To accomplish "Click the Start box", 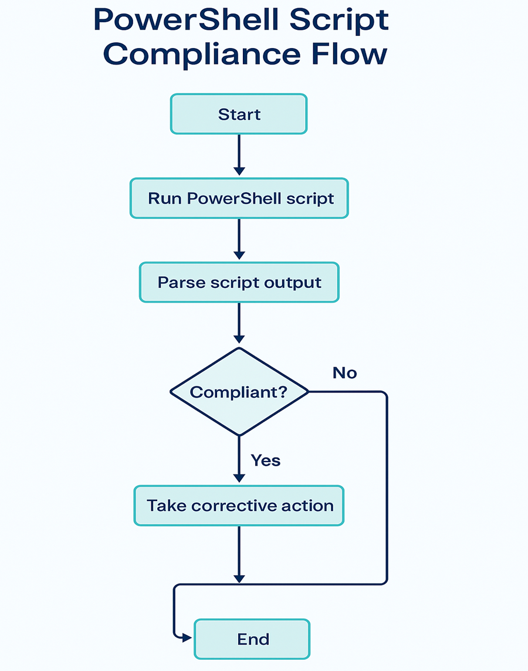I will (x=239, y=114).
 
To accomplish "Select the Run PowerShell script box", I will (x=239, y=198).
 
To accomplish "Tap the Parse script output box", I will (x=239, y=282).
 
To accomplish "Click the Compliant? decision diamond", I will (x=239, y=391).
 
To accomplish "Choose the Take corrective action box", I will (x=239, y=505).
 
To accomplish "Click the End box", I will (x=252, y=639).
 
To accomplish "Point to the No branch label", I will (x=344, y=373).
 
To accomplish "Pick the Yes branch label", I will (x=265, y=460).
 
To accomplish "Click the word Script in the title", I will (x=340, y=20).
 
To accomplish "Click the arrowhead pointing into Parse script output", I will (x=239, y=255).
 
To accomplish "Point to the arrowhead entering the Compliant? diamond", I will (x=239, y=338).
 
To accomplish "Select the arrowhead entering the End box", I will (x=188, y=638).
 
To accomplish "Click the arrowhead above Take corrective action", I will (x=239, y=477).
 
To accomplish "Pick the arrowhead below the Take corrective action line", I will (x=239, y=578).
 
